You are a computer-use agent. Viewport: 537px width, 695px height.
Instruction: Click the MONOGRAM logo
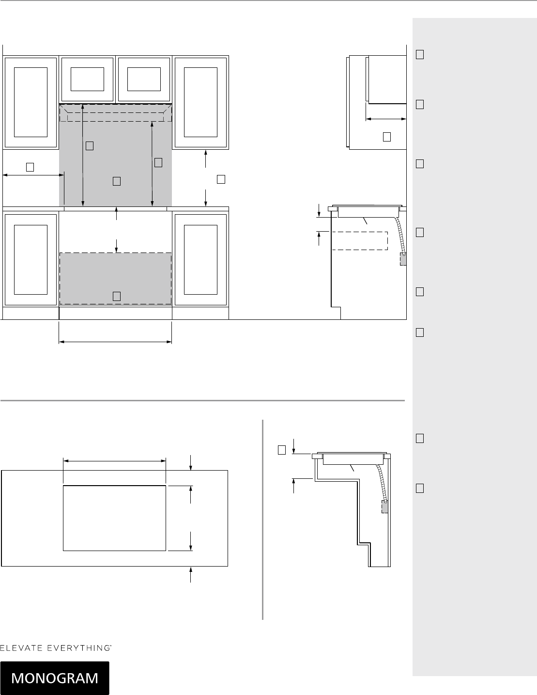tap(55, 678)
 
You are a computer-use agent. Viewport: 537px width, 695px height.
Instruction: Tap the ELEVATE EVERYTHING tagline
tap(56, 648)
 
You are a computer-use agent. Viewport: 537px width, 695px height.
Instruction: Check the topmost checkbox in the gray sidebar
tap(420, 55)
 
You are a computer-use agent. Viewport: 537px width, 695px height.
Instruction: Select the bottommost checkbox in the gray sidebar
tap(420, 489)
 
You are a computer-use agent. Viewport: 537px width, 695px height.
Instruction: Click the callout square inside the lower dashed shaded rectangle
tap(117, 296)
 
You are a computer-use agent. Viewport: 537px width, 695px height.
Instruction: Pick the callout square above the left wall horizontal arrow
tap(30, 167)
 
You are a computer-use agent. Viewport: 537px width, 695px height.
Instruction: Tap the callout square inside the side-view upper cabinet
tap(386, 137)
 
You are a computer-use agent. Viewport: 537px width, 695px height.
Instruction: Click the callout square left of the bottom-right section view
tap(282, 450)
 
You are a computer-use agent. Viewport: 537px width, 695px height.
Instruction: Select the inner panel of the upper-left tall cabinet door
tap(31, 102)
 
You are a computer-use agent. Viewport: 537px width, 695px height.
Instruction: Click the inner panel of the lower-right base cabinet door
tap(200, 260)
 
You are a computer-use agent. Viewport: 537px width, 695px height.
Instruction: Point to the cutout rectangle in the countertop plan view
tap(114, 518)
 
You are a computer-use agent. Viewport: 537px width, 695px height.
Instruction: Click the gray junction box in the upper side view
tap(403, 259)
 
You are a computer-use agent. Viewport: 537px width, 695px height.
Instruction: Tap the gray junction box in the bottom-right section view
tap(385, 507)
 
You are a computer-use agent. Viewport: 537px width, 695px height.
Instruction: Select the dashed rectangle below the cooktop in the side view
tap(360, 241)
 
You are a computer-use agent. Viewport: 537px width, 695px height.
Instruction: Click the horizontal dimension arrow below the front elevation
tap(115, 342)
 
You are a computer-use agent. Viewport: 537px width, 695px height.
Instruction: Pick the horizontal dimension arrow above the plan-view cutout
tap(114, 461)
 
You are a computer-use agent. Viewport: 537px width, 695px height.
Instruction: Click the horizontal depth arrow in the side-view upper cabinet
tap(386, 119)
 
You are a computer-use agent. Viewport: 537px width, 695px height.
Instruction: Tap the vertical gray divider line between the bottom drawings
tap(262, 520)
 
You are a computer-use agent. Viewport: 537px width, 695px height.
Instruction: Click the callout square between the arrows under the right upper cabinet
tap(221, 179)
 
